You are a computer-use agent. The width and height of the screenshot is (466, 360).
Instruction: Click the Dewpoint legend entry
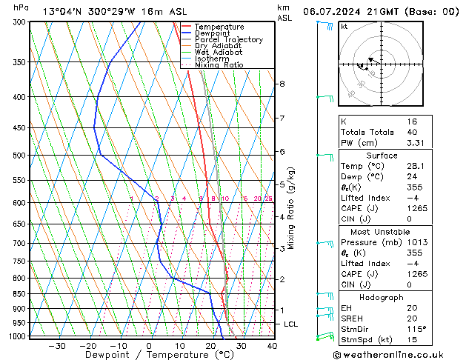pyautogui.click(x=211, y=33)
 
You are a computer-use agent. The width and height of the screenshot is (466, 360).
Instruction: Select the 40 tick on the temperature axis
pyautogui.click(x=272, y=346)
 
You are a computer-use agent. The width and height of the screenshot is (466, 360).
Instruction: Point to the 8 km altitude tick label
pyautogui.click(x=282, y=84)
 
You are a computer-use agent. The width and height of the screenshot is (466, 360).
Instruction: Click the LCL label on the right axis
pyautogui.click(x=291, y=324)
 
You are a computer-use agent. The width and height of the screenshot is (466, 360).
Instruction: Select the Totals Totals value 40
pyautogui.click(x=412, y=132)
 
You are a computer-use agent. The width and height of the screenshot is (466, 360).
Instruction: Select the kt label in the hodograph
pyautogui.click(x=344, y=27)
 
